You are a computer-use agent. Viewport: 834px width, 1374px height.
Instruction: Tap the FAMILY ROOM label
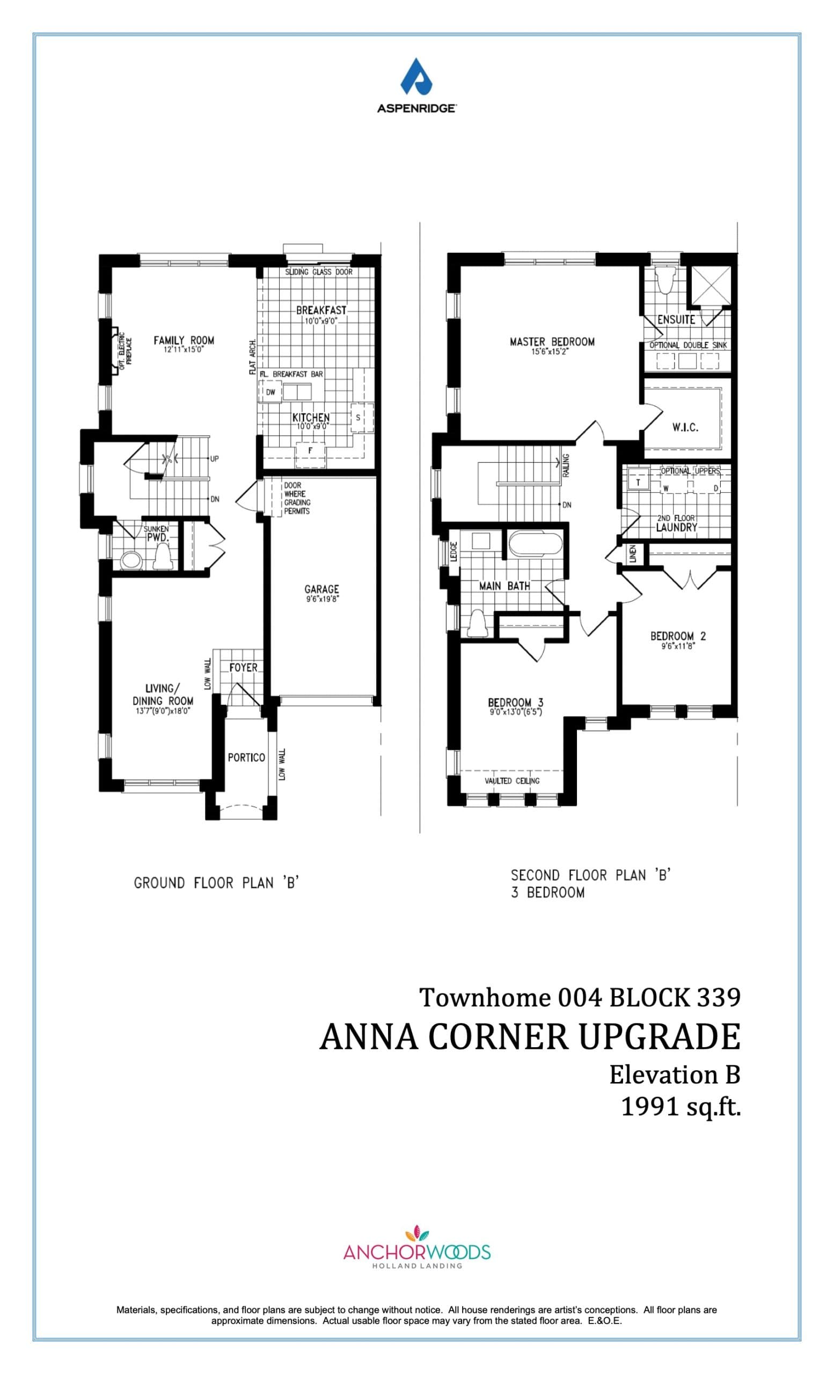coord(184,340)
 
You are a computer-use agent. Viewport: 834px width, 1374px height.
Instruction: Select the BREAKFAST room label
coord(321,310)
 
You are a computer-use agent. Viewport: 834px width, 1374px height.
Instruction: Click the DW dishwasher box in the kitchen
coord(270,392)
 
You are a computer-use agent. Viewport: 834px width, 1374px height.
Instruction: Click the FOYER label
coord(244,668)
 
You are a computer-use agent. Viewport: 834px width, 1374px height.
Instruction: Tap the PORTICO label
coord(246,757)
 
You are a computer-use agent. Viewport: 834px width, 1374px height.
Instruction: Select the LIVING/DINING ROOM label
coord(162,695)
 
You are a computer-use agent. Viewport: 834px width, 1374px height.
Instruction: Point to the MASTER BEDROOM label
coord(552,341)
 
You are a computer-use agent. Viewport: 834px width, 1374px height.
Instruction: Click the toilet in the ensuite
coord(665,280)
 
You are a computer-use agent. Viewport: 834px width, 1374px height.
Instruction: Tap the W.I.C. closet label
coord(685,428)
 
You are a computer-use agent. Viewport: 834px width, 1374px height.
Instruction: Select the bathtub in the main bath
coord(535,544)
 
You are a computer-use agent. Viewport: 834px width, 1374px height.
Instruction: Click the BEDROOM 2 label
coord(678,635)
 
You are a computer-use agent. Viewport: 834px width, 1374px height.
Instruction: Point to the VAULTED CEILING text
coord(512,781)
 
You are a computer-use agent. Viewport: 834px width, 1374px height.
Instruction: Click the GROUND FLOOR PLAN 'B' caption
coord(217,883)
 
